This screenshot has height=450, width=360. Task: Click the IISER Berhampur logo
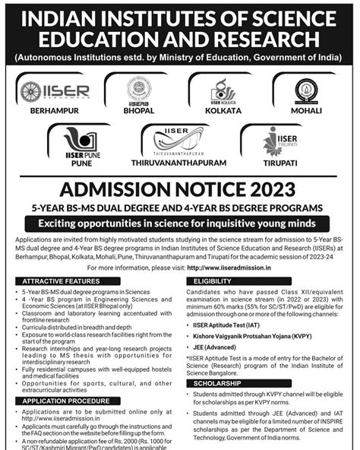[x=55, y=91]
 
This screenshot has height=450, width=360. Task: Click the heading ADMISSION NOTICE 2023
[x=180, y=190]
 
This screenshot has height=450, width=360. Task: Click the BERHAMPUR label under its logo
[x=54, y=111]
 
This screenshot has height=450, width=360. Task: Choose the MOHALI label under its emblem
[x=307, y=111]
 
